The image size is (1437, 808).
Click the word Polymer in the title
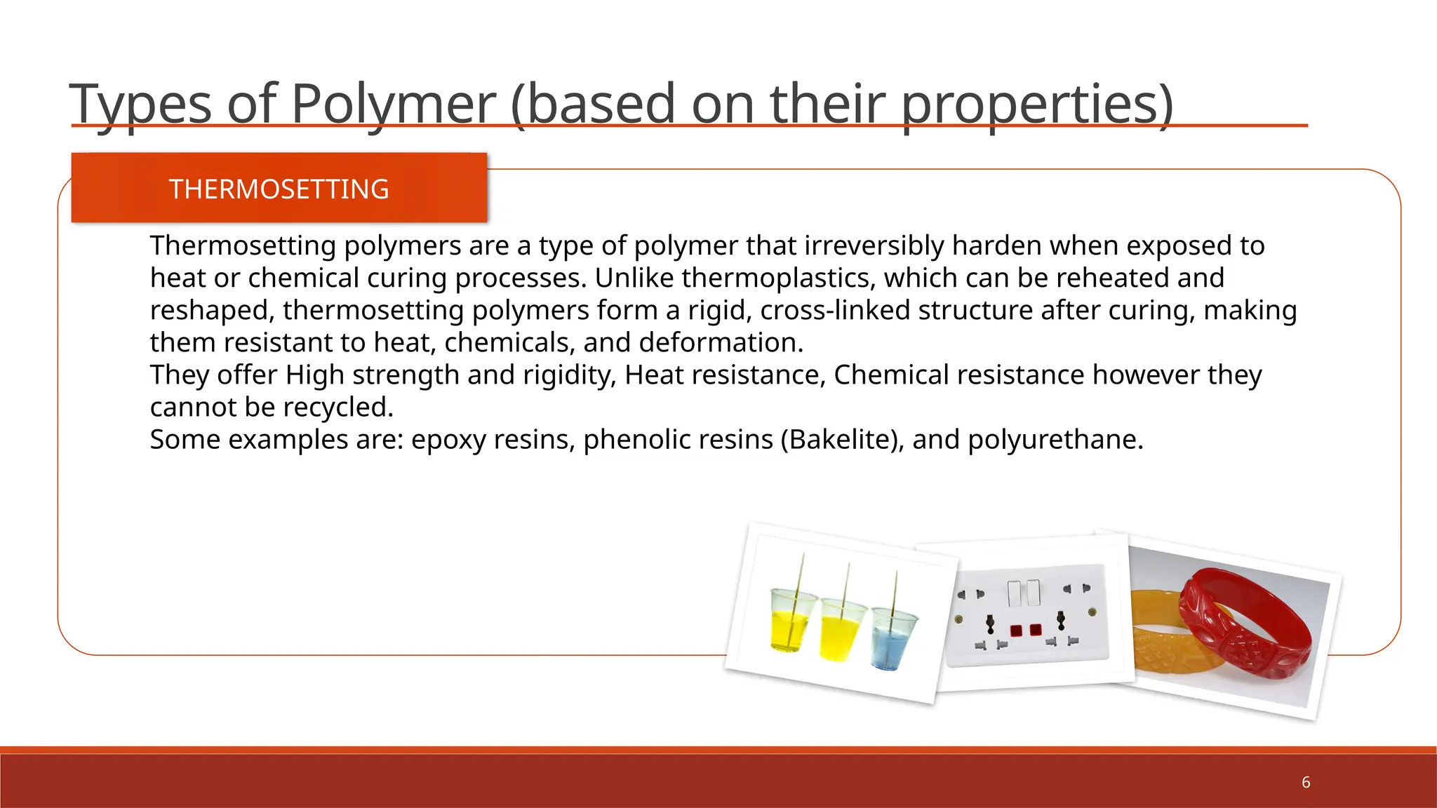[x=393, y=104]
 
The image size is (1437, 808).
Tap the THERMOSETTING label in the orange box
[x=279, y=189]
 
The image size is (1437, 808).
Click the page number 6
[x=1305, y=782]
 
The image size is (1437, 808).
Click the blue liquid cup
[x=893, y=638]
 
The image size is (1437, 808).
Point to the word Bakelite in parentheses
[x=841, y=440]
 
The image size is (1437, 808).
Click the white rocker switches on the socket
[x=1024, y=593]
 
